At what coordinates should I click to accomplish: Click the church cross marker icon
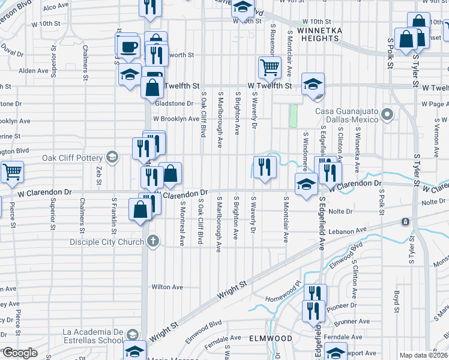click(153, 242)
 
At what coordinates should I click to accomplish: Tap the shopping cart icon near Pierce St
click(11, 172)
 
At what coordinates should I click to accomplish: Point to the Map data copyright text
click(423, 355)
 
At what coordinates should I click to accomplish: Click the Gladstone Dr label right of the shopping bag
click(174, 103)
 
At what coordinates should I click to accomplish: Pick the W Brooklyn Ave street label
click(176, 119)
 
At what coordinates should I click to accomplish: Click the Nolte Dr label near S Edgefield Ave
click(340, 211)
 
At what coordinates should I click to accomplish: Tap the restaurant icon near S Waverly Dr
click(265, 167)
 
